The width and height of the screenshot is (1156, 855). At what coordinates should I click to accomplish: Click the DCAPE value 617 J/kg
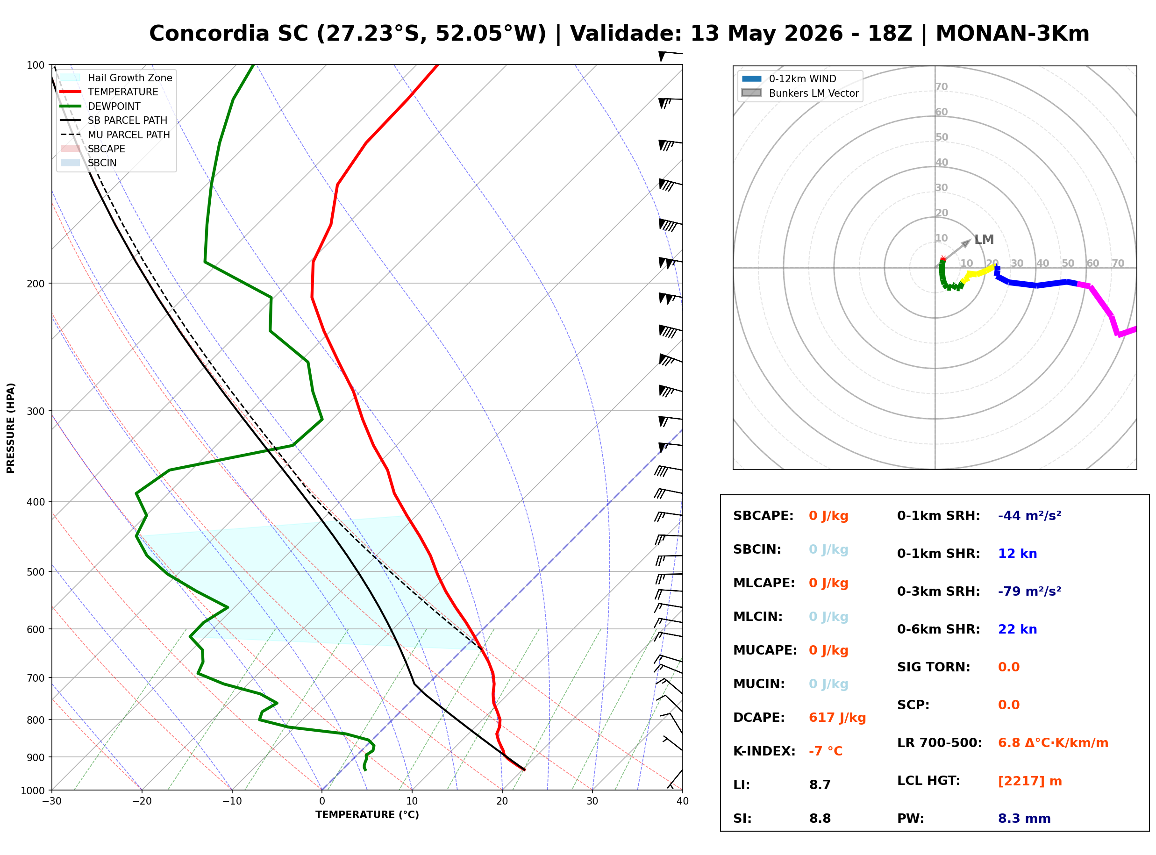[x=837, y=718]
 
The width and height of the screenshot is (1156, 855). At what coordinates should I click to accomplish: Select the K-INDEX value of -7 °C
[x=825, y=751]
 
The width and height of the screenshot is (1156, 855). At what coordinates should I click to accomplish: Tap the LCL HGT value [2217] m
[x=1029, y=782]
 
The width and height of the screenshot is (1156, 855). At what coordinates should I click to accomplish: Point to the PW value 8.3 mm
[x=1024, y=819]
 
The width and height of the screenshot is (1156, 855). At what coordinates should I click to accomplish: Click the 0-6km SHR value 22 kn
[x=1017, y=629]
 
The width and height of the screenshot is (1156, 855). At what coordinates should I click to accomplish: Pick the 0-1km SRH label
[x=938, y=516]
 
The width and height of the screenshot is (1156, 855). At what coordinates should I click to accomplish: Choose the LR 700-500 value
[x=1053, y=743]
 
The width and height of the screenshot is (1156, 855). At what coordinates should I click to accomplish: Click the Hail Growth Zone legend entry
[x=116, y=78]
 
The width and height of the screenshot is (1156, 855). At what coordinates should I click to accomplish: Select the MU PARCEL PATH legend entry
[x=115, y=135]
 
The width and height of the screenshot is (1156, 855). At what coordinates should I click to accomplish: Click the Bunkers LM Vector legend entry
[x=800, y=93]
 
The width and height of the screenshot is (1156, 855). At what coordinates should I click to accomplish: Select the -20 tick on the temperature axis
[x=142, y=801]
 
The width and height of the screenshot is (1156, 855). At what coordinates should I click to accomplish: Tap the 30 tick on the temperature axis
[x=592, y=801]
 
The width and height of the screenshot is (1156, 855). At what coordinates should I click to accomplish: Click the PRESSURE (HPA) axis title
[x=11, y=428]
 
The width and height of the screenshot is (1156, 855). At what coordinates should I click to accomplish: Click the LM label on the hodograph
[x=984, y=240]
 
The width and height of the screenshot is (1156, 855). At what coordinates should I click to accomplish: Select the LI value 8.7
[x=820, y=785]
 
